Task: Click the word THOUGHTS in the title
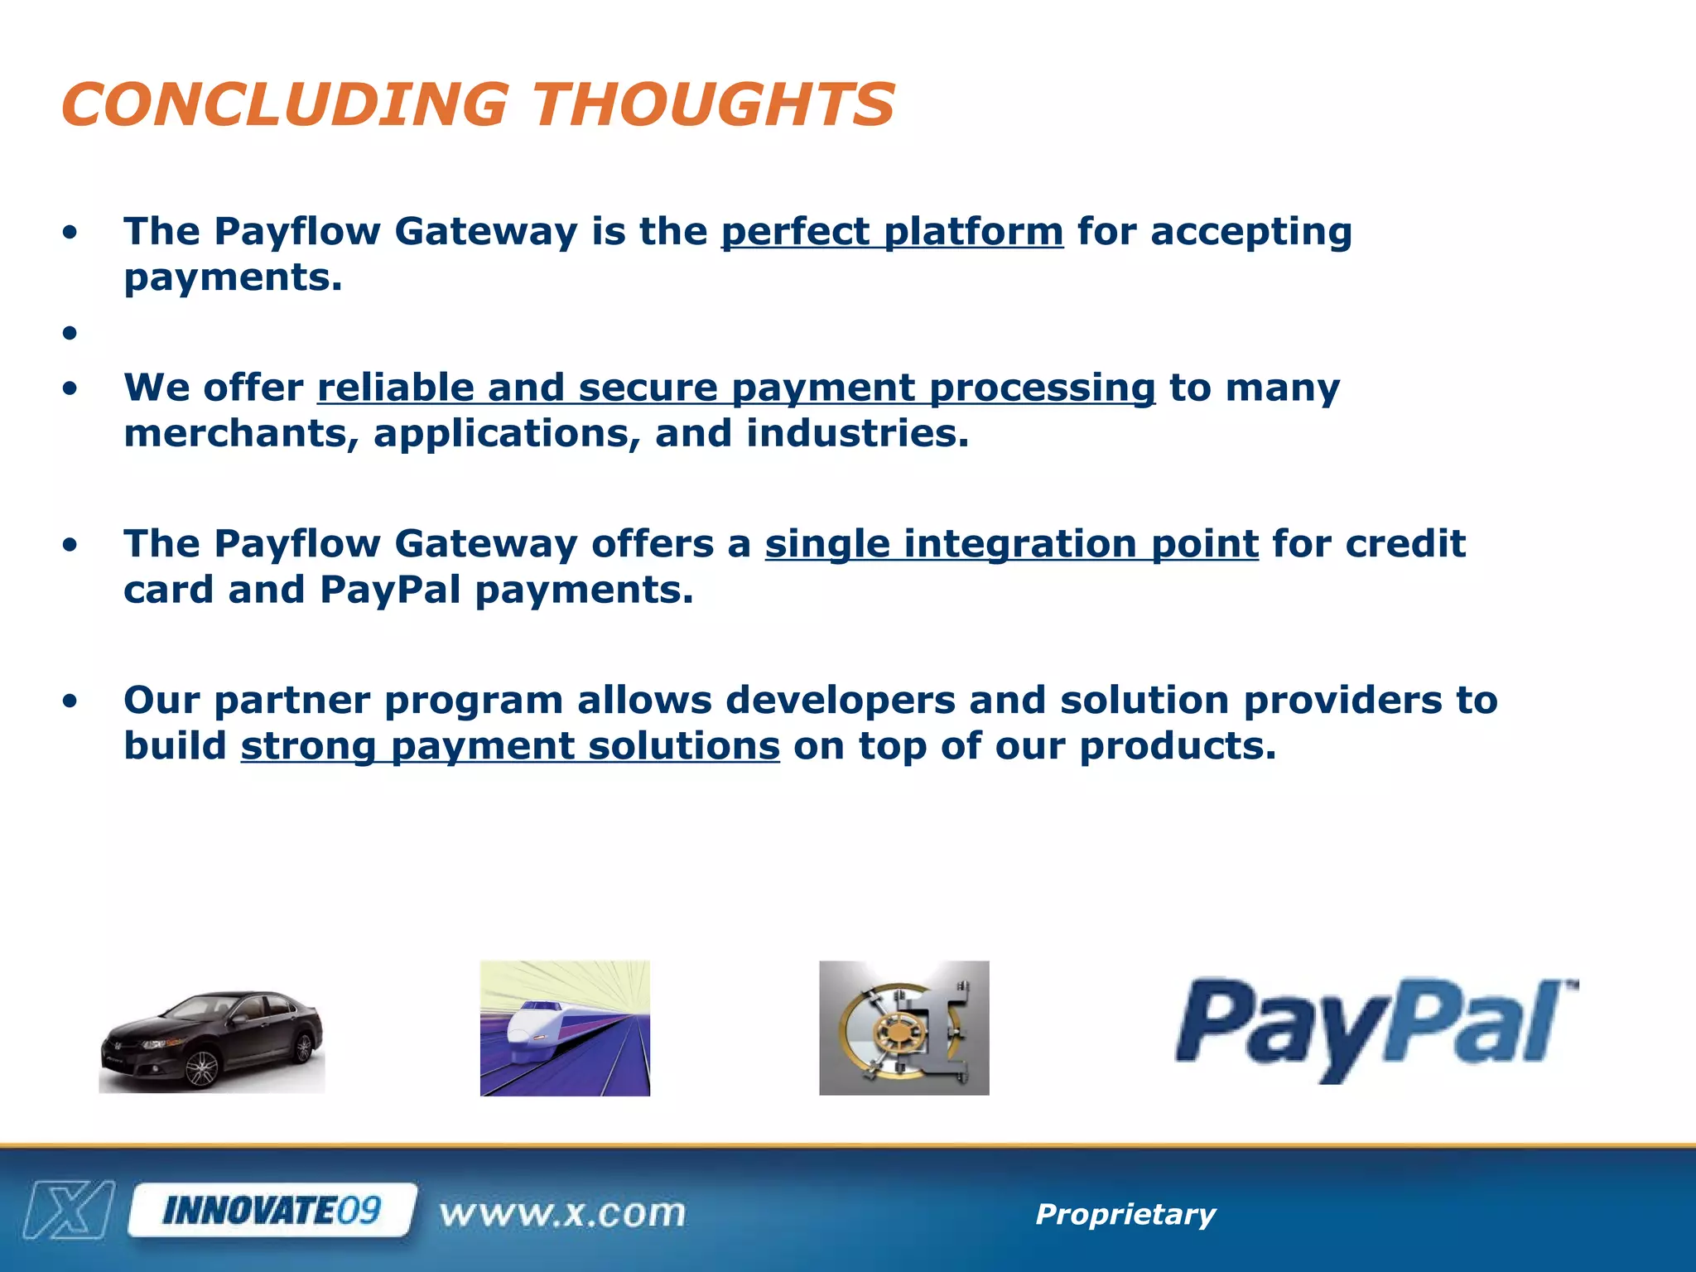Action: pos(713,105)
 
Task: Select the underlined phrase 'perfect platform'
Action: pos(892,232)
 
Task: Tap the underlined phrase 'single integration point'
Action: pos(1011,545)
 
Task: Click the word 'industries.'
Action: pos(857,434)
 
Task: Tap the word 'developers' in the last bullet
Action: pos(841,701)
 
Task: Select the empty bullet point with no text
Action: pos(70,333)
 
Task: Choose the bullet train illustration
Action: pos(565,1029)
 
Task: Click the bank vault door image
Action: pos(903,1029)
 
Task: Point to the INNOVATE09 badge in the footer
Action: pos(272,1212)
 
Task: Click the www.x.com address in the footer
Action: pos(563,1214)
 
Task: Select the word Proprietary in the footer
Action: pos(1125,1215)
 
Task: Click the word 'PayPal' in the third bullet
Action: pos(390,590)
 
